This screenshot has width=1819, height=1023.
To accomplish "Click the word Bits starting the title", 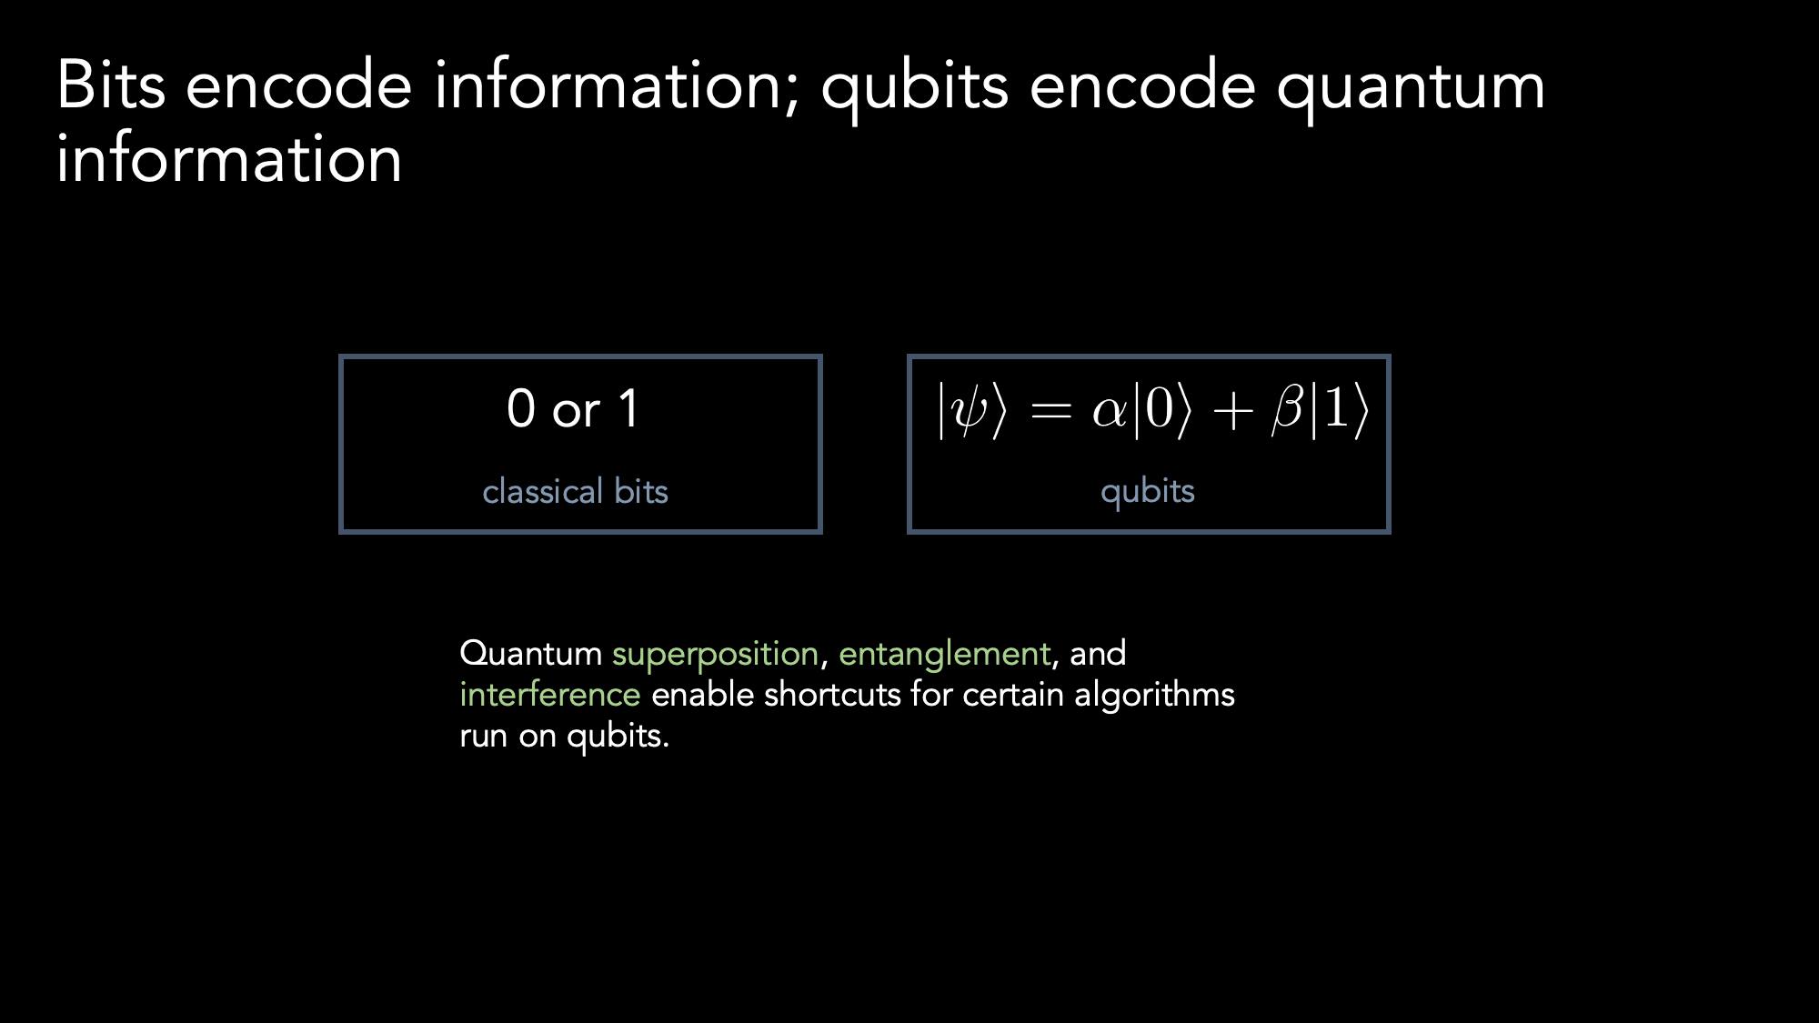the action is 111,85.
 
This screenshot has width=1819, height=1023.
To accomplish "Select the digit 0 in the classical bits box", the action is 521,408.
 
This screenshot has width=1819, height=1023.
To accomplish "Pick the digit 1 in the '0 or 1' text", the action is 628,408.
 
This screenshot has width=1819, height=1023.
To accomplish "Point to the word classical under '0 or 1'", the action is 543,491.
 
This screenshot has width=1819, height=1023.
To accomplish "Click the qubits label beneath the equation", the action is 1147,493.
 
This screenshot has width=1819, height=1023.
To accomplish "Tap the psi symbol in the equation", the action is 970,411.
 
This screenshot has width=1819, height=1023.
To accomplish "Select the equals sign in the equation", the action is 1051,412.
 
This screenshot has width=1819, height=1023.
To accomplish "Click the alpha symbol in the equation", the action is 1110,412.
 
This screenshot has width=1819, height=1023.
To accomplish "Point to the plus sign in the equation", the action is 1233,412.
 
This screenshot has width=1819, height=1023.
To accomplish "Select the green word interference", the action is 550,695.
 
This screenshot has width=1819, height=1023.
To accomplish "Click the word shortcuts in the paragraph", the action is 832,695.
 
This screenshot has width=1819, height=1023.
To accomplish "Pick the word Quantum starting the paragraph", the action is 531,654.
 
